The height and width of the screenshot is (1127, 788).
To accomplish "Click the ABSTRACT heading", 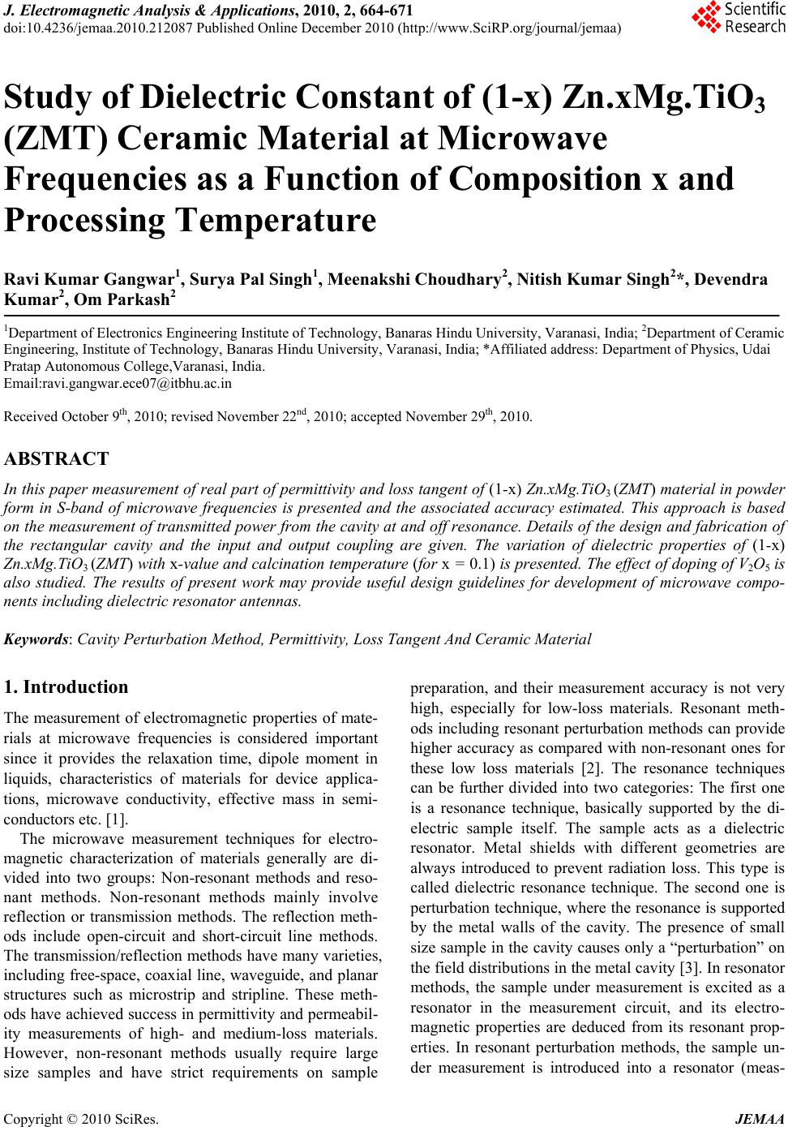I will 57,459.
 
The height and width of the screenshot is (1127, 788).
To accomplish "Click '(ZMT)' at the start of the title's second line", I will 52,140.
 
